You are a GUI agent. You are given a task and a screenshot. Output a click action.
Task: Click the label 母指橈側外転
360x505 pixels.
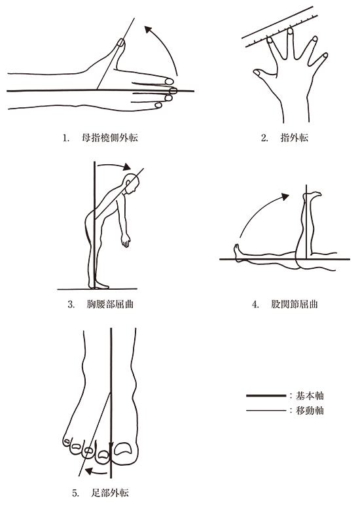(x=110, y=138)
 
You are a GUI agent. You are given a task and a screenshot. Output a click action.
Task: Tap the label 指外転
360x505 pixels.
(x=295, y=138)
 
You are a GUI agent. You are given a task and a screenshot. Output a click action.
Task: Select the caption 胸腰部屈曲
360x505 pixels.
(x=110, y=304)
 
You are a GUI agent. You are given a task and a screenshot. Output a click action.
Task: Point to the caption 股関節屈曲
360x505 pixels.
(x=295, y=304)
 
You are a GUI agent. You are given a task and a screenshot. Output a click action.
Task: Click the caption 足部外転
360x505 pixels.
(x=110, y=493)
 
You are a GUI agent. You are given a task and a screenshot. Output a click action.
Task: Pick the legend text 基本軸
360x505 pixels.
(x=310, y=396)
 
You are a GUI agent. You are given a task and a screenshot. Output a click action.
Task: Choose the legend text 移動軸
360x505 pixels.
(x=310, y=410)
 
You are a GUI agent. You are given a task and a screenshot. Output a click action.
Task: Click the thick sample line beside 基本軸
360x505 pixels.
(x=266, y=395)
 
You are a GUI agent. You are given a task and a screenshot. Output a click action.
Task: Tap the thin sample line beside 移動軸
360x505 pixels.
(x=266, y=411)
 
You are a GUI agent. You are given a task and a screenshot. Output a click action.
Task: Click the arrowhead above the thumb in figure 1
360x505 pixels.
(x=148, y=29)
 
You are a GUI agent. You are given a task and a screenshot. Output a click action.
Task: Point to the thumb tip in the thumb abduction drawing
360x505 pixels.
(x=120, y=43)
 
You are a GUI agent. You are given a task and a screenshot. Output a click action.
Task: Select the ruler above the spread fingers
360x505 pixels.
(x=279, y=26)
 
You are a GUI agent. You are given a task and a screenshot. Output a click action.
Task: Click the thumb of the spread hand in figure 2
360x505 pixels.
(x=265, y=75)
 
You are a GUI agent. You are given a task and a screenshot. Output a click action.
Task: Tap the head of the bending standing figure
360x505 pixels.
(x=132, y=184)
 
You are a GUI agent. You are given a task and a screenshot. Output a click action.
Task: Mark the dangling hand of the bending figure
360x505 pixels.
(x=126, y=240)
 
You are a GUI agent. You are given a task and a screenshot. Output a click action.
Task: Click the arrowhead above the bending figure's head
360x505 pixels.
(x=127, y=167)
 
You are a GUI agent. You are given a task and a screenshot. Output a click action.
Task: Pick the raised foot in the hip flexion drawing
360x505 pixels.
(x=312, y=196)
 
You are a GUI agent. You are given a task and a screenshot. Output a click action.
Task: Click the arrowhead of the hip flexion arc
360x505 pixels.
(x=285, y=197)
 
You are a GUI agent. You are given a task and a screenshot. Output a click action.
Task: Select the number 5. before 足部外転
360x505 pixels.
(x=75, y=493)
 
